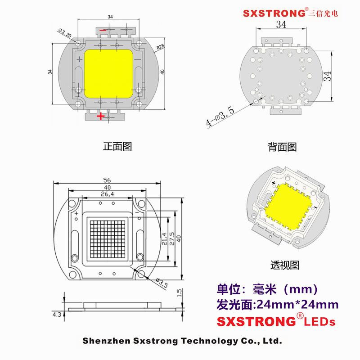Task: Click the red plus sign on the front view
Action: click(101, 116)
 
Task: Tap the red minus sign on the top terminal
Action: click(103, 31)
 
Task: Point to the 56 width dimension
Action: click(107, 179)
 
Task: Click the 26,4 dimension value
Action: click(107, 194)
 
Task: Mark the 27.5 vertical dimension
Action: click(172, 239)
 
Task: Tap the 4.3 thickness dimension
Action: click(57, 315)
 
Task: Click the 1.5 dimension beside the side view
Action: click(179, 293)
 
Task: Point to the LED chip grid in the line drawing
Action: click(107, 239)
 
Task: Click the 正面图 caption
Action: click(117, 146)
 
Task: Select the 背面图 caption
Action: click(282, 147)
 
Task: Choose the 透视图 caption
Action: click(284, 265)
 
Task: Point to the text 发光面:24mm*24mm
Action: click(278, 305)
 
